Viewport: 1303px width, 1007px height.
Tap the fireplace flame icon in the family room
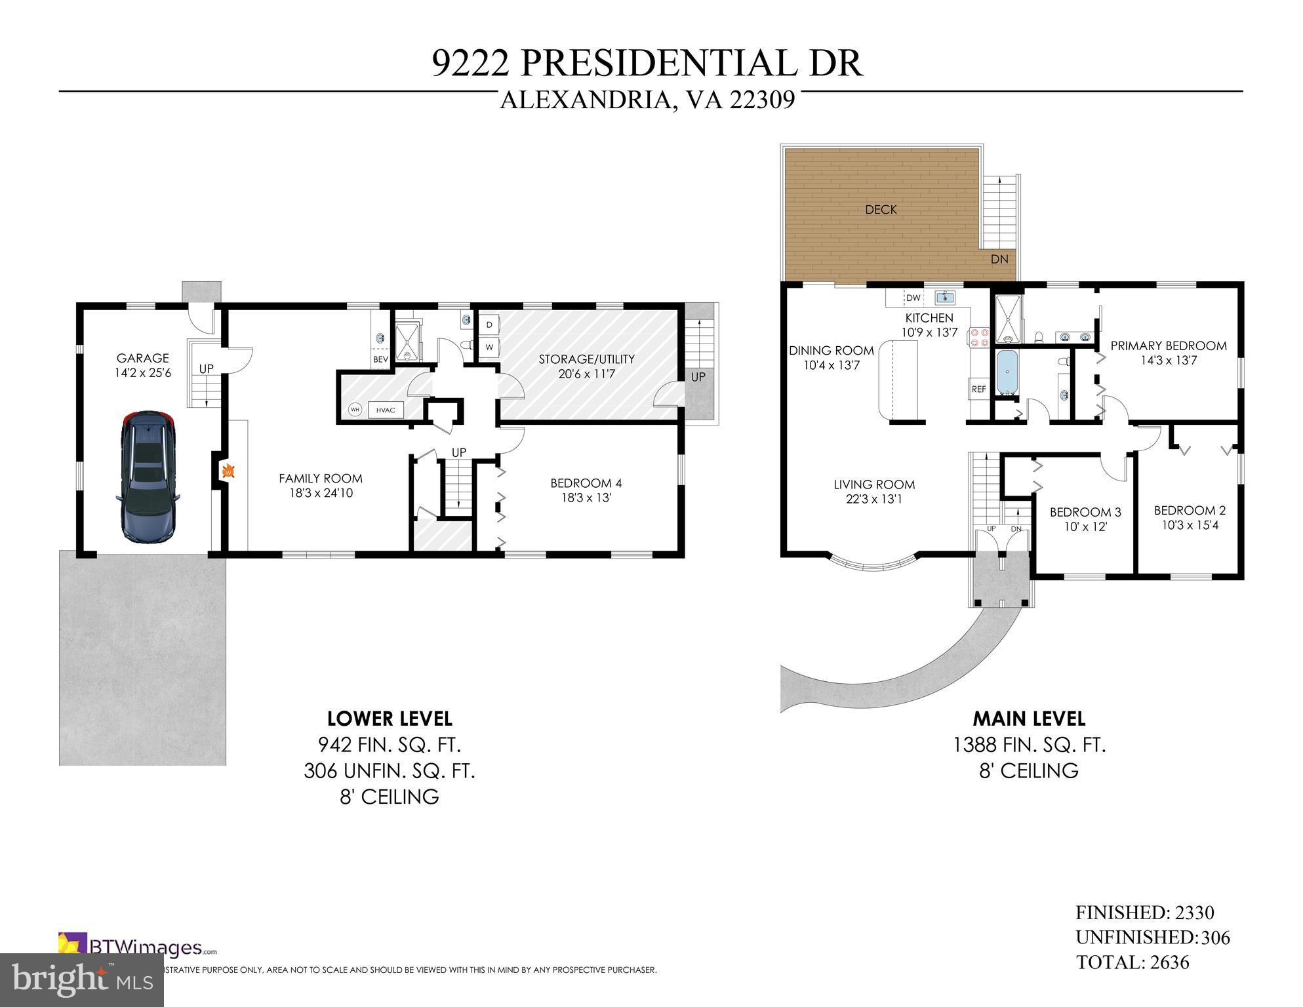[229, 471]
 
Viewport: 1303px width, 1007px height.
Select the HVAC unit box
[386, 410]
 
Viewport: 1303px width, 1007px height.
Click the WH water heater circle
[355, 410]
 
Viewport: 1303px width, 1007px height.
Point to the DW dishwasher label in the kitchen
[913, 298]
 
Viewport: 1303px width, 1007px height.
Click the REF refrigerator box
[978, 389]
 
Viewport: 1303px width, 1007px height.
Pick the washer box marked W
[489, 347]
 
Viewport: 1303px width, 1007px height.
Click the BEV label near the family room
[380, 359]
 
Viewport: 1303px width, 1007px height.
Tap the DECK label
[881, 210]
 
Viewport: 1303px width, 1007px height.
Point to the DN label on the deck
[999, 259]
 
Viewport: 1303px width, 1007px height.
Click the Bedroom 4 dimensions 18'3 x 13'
[586, 498]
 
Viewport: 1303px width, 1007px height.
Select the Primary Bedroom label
[1168, 346]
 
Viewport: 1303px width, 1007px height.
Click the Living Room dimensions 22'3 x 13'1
[873, 499]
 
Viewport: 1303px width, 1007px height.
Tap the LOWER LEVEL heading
[390, 719]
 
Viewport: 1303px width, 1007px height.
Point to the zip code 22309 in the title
[763, 100]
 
